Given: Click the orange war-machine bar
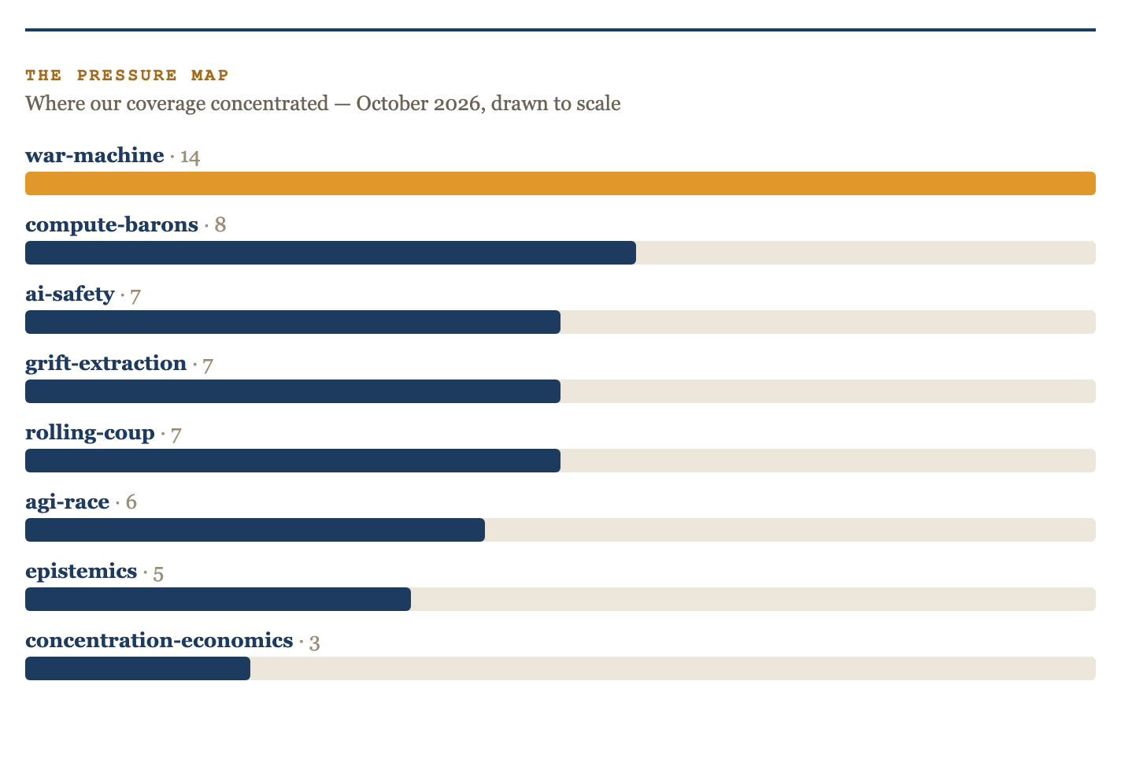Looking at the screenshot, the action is tap(560, 183).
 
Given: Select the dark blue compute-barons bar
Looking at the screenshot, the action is tap(331, 253).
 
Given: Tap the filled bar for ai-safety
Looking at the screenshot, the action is tap(293, 322).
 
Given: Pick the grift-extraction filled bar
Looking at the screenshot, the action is tap(293, 391).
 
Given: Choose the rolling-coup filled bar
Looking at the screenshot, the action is tap(293, 461).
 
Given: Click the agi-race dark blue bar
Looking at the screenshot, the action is tap(255, 530).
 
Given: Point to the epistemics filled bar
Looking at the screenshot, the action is tap(218, 599).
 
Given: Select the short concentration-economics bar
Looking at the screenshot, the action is tap(138, 668).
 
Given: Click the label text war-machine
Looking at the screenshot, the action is tap(94, 155).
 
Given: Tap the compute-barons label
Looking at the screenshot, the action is tap(112, 225).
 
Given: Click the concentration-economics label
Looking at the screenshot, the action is tap(159, 640).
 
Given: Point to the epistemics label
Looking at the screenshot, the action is tap(81, 572).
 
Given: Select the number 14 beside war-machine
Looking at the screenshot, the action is tap(191, 157).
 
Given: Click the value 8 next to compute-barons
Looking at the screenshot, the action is tap(220, 225).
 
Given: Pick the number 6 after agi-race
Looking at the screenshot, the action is tap(131, 502).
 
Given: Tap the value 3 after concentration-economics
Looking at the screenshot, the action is tap(314, 642).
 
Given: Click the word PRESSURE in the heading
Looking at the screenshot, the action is tap(127, 75).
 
